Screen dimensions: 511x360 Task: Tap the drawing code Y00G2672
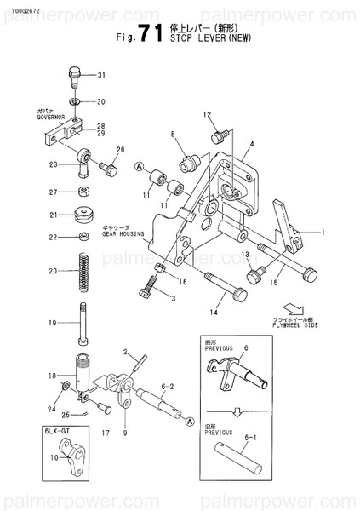[22, 9]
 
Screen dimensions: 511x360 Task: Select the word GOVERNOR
[50, 118]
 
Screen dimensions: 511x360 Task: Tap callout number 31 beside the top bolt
[102, 76]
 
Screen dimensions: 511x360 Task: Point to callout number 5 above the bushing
[172, 134]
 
